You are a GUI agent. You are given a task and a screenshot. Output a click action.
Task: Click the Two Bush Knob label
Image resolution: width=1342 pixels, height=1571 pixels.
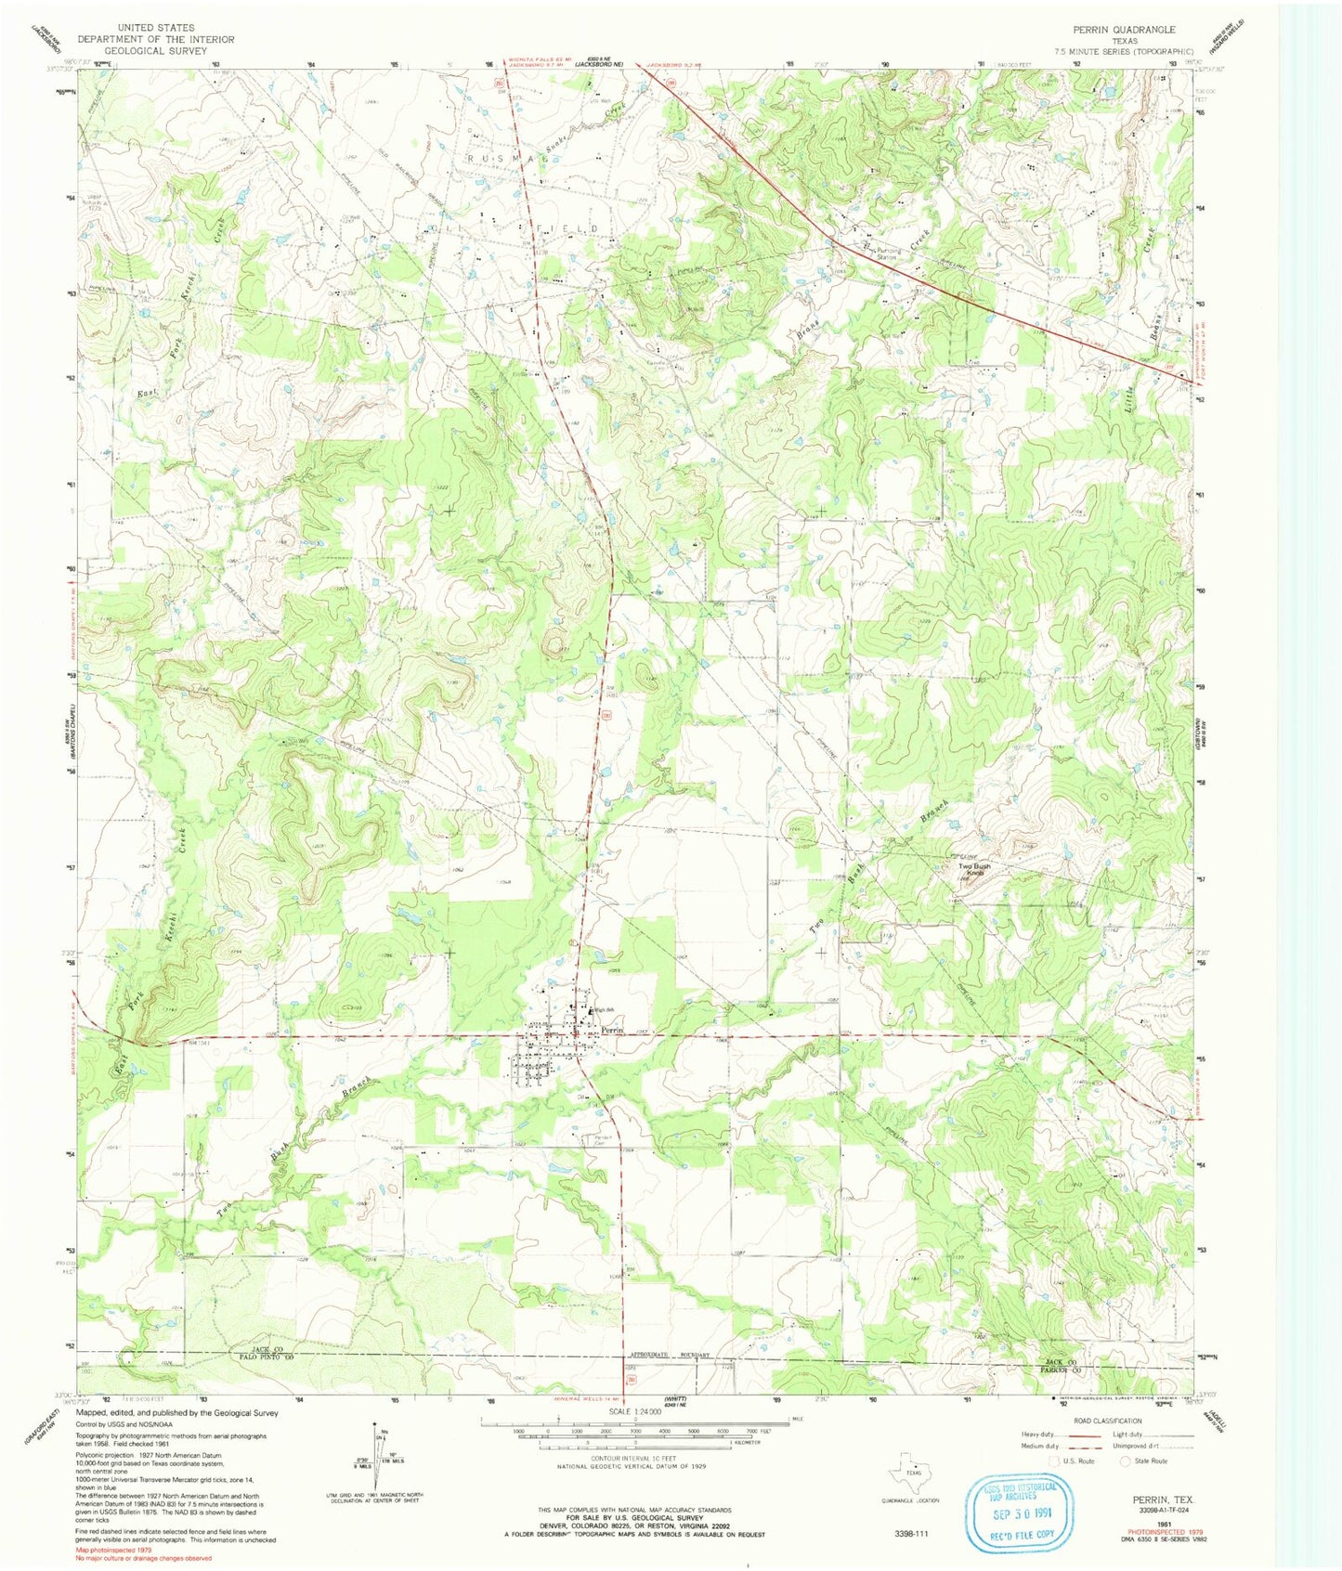[x=974, y=870]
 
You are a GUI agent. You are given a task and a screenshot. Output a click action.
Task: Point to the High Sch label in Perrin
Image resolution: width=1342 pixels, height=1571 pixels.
[x=605, y=1010]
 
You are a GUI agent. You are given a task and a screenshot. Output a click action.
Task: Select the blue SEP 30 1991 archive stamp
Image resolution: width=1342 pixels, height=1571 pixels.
[x=1020, y=1512]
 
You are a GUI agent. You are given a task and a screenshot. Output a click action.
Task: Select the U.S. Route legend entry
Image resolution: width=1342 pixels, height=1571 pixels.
[x=1072, y=1461]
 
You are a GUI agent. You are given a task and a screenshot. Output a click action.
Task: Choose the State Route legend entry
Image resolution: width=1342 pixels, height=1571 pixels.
[x=1144, y=1461]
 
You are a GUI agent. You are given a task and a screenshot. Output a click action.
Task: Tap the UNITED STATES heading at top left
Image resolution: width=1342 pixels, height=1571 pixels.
[x=155, y=29]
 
